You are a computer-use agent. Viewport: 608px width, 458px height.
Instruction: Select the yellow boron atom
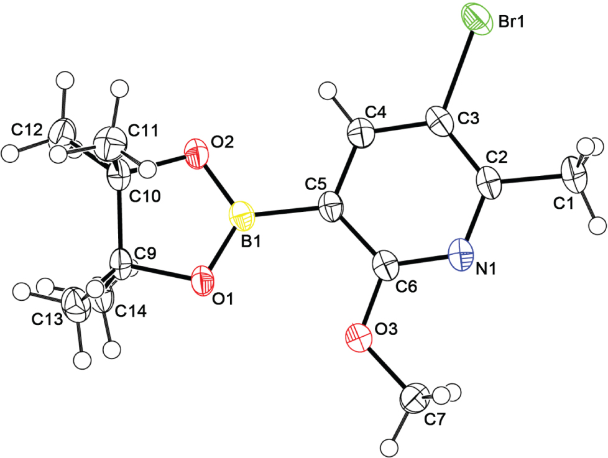point(242,216)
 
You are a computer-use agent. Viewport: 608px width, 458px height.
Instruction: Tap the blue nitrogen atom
point(461,254)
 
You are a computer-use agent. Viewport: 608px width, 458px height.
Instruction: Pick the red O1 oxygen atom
point(203,281)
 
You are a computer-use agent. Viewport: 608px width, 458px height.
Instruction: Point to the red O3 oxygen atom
point(358,337)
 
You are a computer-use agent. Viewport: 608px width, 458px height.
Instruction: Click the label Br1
point(511,22)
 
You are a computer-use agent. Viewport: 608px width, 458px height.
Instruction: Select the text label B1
point(251,242)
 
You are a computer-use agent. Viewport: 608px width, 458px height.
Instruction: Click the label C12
point(27,131)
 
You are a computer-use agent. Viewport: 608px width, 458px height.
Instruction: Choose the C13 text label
point(47,319)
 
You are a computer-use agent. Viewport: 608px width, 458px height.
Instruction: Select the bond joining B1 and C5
point(287,210)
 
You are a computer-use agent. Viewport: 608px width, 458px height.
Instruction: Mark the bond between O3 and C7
point(388,368)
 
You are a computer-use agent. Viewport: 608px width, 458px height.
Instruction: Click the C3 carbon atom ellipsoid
point(440,121)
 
